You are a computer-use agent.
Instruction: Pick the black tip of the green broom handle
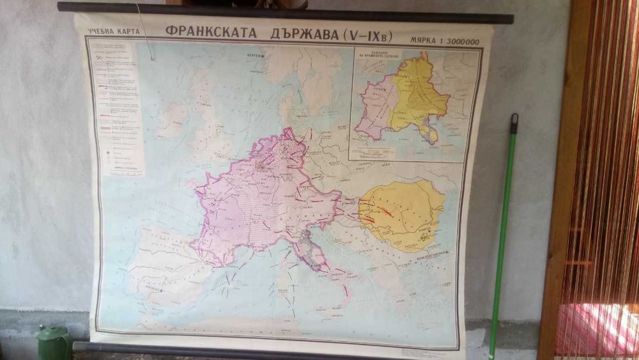pos(514,120)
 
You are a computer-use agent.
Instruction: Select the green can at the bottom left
pos(54,344)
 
